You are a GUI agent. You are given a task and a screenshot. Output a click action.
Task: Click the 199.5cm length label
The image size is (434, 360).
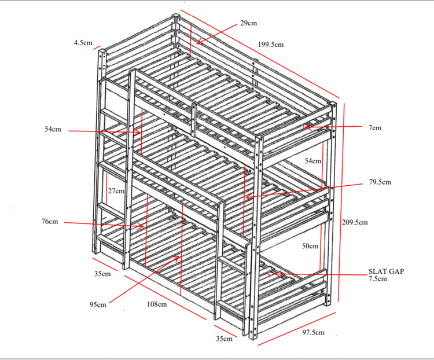pyautogui.click(x=271, y=45)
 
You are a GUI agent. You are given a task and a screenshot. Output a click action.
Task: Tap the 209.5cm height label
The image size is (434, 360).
pyautogui.click(x=355, y=222)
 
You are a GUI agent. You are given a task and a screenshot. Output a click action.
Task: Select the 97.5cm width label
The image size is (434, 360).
pyautogui.click(x=313, y=332)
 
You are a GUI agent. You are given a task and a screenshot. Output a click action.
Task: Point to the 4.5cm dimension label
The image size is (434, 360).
pyautogui.click(x=83, y=43)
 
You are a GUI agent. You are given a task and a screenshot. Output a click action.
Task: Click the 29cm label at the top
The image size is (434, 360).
pyautogui.click(x=248, y=23)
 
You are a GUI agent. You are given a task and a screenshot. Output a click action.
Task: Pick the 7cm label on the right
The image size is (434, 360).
pyautogui.click(x=375, y=128)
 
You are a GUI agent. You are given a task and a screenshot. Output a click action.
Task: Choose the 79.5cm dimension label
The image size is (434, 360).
pyautogui.click(x=380, y=182)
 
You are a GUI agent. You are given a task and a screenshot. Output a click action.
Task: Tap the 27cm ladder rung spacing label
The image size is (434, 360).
pyautogui.click(x=116, y=191)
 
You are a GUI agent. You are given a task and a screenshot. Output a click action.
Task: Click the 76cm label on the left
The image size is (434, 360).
pyautogui.click(x=50, y=221)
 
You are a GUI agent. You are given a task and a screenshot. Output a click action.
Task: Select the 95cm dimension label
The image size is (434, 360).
pyautogui.click(x=98, y=304)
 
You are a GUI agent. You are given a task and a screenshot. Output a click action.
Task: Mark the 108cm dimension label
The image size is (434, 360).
pyautogui.click(x=157, y=304)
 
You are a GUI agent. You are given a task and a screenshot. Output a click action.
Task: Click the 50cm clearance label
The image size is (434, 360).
pyautogui.click(x=310, y=246)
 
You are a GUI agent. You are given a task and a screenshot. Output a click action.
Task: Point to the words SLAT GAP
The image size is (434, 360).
pyautogui.click(x=386, y=271)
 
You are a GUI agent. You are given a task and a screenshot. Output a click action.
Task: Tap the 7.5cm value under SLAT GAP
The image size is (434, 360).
pyautogui.click(x=377, y=278)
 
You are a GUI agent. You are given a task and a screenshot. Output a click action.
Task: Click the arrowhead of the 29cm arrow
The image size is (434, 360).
pyautogui.click(x=197, y=43)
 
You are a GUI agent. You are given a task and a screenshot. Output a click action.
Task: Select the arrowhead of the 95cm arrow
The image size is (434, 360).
pyautogui.click(x=179, y=257)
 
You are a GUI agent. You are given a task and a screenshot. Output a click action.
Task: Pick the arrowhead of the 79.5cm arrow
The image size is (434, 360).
pyautogui.click(x=247, y=197)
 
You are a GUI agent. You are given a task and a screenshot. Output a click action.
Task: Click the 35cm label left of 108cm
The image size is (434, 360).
pyautogui.click(x=102, y=274)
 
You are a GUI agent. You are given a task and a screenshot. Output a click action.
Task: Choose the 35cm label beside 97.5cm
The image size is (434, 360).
pyautogui.click(x=224, y=339)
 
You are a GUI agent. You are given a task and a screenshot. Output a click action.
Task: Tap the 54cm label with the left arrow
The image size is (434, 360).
pyautogui.click(x=53, y=129)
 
